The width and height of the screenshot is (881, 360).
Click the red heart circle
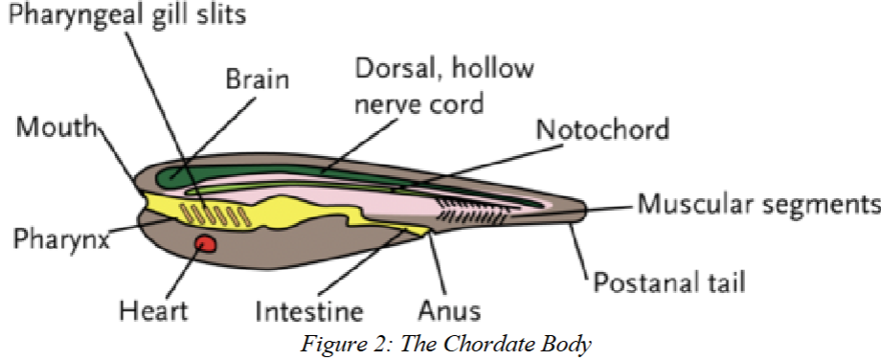tap(204, 245)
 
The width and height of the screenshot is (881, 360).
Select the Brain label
tap(257, 79)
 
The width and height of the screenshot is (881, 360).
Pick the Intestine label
tap(309, 311)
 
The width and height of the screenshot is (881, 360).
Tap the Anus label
tap(449, 310)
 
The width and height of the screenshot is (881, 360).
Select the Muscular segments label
tap(758, 204)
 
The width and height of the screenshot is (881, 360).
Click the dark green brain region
tap(192, 174)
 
